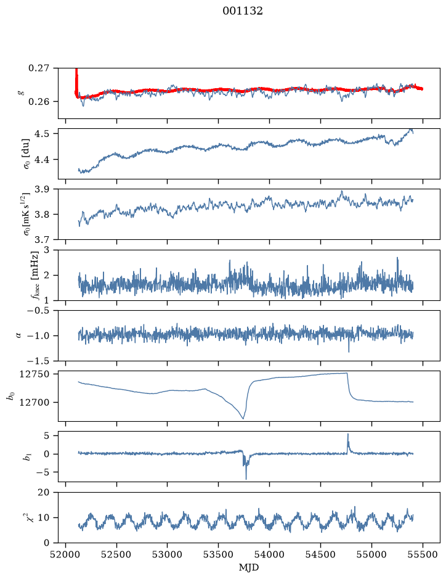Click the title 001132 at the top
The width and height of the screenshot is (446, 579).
(x=242, y=11)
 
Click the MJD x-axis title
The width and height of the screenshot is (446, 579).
(x=249, y=567)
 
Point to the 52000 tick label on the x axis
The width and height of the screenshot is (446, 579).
(x=66, y=554)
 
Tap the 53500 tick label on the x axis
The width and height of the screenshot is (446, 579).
(x=219, y=554)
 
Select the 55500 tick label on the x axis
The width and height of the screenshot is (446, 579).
(x=423, y=554)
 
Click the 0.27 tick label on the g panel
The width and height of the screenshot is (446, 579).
(x=39, y=68)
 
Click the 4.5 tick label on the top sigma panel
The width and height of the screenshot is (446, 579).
(x=41, y=133)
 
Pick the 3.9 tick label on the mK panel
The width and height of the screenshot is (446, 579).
(x=41, y=189)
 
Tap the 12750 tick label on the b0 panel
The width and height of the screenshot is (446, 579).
(x=34, y=374)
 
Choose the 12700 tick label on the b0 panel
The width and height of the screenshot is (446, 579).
(x=34, y=403)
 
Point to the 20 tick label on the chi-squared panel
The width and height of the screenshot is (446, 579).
(x=44, y=493)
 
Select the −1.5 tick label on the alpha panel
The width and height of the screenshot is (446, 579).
(x=38, y=361)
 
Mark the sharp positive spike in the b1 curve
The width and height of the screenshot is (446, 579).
(x=347, y=435)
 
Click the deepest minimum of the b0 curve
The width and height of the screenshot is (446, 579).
(x=243, y=418)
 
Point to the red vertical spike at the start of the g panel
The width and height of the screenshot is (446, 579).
(x=76, y=81)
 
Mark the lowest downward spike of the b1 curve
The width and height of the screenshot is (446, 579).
(x=246, y=478)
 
